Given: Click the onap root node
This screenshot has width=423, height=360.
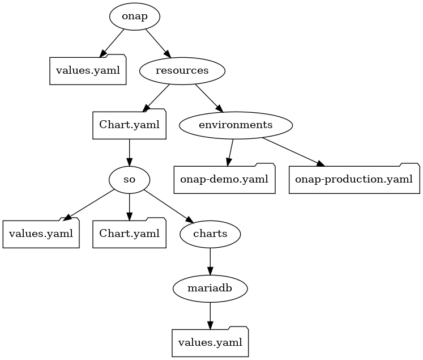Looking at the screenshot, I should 134,16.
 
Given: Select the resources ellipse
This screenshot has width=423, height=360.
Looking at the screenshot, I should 182,70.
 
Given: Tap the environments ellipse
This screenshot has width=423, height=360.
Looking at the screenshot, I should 236,125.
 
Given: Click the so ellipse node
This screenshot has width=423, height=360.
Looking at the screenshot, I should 129,179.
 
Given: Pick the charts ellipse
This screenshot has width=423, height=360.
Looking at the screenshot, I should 210,234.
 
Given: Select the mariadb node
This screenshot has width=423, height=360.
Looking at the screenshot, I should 210,288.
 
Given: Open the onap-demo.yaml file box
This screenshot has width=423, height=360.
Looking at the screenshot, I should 224,180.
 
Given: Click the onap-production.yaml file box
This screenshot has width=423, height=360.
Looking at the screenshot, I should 354,180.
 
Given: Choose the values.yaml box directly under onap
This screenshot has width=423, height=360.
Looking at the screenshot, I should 87,71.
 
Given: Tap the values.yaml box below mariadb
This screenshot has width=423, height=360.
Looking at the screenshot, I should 210,342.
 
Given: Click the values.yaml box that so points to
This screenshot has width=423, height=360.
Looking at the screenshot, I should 41,234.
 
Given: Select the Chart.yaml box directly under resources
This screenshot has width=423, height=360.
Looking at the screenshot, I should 129,125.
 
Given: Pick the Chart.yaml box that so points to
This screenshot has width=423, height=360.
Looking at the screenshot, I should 129,234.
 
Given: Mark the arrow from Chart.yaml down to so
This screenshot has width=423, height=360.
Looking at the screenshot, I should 129,152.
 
